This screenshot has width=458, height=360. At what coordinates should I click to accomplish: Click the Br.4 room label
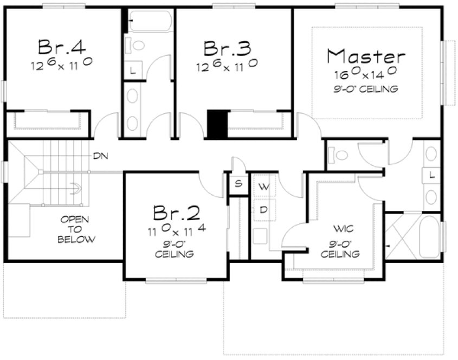click(x=61, y=48)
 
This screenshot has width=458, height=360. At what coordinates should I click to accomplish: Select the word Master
click(x=367, y=56)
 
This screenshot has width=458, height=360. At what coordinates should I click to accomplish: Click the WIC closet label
click(x=339, y=228)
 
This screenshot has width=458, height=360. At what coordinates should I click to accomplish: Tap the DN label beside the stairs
click(x=100, y=156)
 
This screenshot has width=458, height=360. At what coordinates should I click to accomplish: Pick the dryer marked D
click(x=264, y=209)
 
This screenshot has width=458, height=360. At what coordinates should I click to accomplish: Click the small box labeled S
click(x=237, y=183)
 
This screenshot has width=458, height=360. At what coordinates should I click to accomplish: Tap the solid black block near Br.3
click(x=218, y=125)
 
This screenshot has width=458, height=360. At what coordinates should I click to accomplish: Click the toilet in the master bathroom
click(x=340, y=155)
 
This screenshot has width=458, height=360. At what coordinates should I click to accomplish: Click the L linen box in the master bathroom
click(x=432, y=175)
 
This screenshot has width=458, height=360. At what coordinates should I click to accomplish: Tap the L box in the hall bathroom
click(x=133, y=70)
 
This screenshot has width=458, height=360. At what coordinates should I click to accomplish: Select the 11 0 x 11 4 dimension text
click(x=175, y=229)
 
